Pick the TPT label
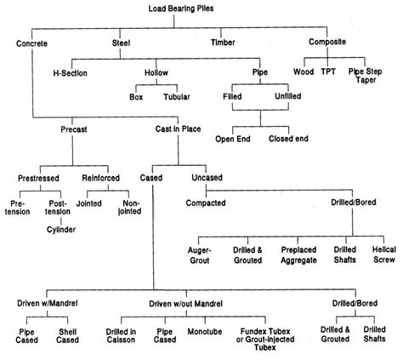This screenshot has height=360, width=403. pyautogui.click(x=327, y=72)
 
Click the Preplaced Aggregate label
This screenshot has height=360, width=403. pyautogui.click(x=300, y=254)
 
